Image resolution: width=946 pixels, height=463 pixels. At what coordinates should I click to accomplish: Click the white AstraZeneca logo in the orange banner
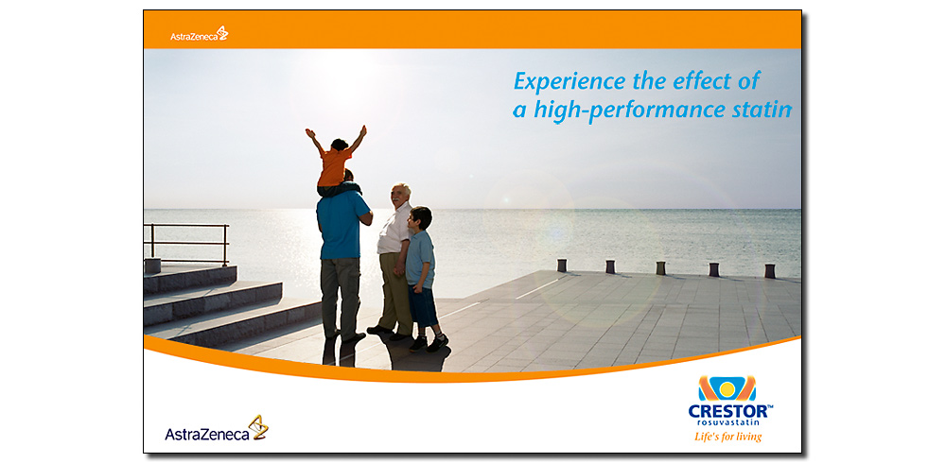199,34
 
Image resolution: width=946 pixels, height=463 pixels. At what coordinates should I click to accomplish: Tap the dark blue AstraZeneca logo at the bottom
217,428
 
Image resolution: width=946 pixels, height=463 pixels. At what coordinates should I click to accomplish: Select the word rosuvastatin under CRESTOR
728,422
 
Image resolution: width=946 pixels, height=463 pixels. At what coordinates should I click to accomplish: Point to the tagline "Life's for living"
727,437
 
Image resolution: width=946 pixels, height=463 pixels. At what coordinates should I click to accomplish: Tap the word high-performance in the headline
631,111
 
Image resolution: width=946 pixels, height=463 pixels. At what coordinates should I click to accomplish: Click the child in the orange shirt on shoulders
336,161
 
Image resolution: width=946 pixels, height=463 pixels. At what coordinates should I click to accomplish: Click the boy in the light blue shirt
425,279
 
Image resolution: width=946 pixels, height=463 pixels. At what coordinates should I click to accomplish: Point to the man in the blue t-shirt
342,259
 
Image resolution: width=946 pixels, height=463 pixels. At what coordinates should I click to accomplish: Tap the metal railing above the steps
186,242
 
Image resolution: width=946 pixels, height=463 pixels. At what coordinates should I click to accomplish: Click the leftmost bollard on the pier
562,266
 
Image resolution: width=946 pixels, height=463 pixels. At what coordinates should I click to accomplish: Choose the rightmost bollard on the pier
770,270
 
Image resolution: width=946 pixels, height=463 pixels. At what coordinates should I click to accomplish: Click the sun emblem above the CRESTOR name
727,389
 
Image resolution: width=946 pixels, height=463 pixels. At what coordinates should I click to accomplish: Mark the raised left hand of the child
310,132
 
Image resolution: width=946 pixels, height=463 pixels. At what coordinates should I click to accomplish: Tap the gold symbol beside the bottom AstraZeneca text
259,427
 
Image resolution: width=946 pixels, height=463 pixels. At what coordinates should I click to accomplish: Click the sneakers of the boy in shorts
429,344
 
